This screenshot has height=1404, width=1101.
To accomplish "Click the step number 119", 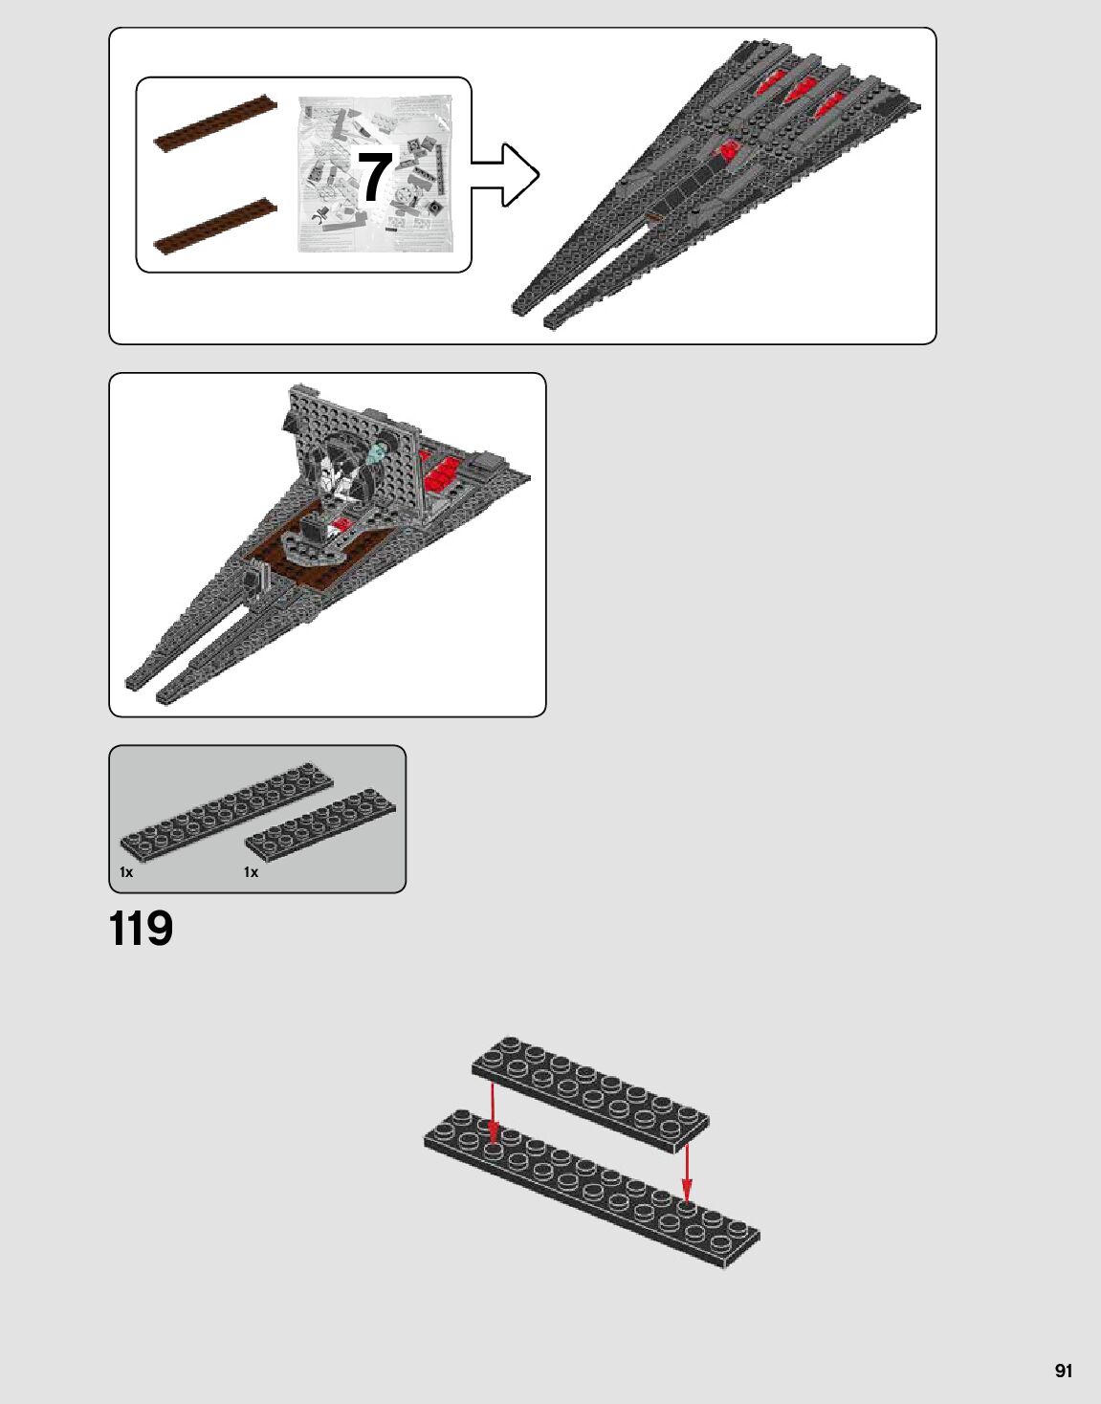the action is click(142, 929).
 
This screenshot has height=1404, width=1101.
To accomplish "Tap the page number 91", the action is click(1064, 1366).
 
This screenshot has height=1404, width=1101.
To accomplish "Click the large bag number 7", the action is click(375, 176).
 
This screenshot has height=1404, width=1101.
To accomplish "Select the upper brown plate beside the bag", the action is click(215, 123).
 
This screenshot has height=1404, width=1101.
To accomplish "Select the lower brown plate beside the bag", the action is click(215, 226).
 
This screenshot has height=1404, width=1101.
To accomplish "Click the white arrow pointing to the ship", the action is click(505, 175).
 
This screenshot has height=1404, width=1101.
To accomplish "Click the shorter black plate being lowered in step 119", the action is click(590, 1093).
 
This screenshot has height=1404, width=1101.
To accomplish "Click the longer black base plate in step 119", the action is click(592, 1188).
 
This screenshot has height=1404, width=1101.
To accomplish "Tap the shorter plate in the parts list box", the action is click(320, 825).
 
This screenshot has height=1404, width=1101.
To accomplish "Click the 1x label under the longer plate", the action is click(126, 872).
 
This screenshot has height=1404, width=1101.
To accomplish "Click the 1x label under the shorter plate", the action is click(251, 872).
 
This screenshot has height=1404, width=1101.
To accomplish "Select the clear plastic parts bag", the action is click(375, 174).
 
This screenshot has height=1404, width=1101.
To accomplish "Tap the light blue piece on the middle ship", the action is click(377, 451).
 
